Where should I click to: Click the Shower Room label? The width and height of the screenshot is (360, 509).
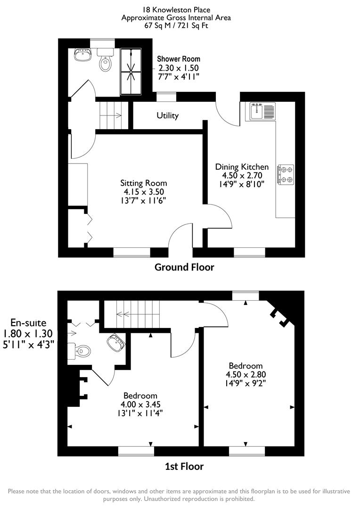tap(178, 59)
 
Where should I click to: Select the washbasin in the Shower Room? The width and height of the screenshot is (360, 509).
tap(83, 55)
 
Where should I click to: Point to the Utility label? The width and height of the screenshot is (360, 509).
tap(167, 115)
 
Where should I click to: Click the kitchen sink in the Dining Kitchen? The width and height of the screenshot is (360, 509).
tap(262, 112)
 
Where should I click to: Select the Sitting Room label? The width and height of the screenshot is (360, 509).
tap(143, 183)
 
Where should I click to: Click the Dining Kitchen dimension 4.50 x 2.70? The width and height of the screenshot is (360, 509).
tap(242, 175)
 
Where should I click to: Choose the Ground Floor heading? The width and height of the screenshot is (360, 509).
tap(184, 267)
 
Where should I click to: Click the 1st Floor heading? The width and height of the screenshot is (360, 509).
tap(184, 467)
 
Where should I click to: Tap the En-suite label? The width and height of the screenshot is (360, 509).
tap(29, 323)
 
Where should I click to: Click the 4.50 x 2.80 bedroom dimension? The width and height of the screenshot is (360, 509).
tap(245, 374)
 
